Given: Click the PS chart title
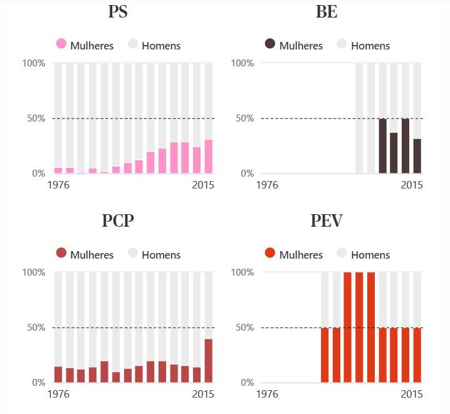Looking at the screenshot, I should (118, 12).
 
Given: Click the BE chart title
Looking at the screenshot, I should (327, 12).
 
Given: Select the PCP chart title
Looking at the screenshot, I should (118, 221).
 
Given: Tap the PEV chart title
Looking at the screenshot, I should (327, 221).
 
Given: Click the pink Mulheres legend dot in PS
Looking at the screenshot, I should (61, 44).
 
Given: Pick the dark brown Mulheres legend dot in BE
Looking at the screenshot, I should (270, 44).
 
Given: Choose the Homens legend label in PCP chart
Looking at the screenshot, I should (161, 255).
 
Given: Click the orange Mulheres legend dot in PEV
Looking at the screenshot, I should (270, 253).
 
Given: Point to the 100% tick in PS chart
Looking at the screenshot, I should (34, 63).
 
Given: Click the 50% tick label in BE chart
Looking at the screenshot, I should (243, 118).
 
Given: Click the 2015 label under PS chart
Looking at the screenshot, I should (203, 185).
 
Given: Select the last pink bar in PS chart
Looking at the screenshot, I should (208, 157).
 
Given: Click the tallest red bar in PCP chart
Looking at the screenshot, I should (208, 361).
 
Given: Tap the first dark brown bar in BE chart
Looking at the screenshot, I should (382, 146).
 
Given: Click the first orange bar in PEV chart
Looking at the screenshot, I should (325, 355).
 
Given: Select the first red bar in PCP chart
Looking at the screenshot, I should (58, 375).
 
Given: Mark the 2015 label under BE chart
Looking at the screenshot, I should (412, 185).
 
